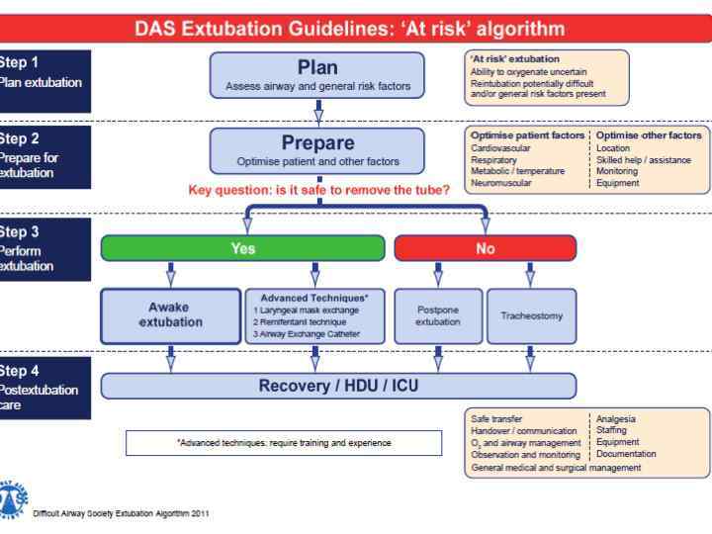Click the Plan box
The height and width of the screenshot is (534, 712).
[x=317, y=75]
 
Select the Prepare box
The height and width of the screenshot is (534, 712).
[x=317, y=150]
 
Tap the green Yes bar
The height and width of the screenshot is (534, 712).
[x=242, y=249]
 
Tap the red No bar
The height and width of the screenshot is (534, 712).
[x=485, y=249]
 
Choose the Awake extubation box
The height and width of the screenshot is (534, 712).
[x=171, y=314]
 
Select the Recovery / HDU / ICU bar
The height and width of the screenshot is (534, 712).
[x=338, y=386]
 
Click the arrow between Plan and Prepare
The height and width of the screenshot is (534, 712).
[x=318, y=113]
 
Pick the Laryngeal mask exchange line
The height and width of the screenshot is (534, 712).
[x=305, y=310]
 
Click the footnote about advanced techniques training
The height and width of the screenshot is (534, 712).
[x=284, y=443]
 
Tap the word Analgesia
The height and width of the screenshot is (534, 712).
[x=616, y=418]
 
